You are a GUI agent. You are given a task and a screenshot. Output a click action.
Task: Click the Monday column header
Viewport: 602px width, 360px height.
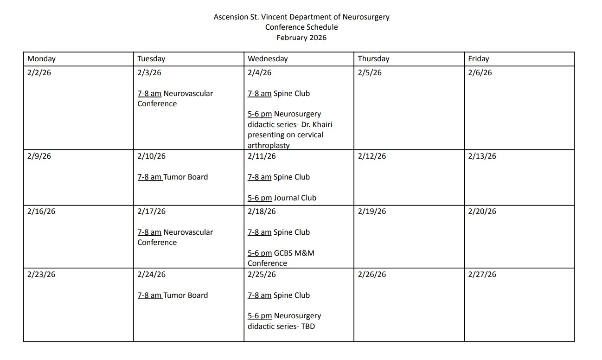click(x=41, y=59)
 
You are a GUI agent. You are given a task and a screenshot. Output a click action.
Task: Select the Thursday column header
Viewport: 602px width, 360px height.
click(x=373, y=59)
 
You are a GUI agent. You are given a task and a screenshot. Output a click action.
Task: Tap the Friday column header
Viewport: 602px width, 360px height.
click(x=478, y=59)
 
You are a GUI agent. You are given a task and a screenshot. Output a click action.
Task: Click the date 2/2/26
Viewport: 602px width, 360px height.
click(x=39, y=73)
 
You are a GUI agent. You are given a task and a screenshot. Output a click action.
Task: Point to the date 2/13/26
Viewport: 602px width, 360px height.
click(x=482, y=156)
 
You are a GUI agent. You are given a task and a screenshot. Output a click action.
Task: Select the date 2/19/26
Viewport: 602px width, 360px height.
click(x=371, y=212)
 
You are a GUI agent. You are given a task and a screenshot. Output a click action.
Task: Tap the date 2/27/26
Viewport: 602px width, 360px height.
click(x=482, y=275)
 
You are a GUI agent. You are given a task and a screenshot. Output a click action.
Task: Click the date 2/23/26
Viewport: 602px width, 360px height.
click(x=41, y=275)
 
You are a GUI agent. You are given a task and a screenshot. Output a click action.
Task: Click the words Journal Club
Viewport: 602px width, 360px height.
click(x=295, y=198)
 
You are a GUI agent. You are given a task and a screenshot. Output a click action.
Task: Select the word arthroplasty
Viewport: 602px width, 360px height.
click(x=269, y=145)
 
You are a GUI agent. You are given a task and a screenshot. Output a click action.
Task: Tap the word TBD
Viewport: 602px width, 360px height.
click(x=308, y=326)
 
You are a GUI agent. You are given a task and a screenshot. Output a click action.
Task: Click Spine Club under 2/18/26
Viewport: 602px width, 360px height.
click(x=291, y=232)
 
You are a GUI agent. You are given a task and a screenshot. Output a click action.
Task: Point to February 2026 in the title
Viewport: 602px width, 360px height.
click(x=301, y=38)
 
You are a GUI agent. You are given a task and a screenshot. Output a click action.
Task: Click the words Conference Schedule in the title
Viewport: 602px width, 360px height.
click(x=301, y=27)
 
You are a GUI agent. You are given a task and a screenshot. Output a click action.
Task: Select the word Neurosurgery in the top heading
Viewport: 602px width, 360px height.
click(x=366, y=17)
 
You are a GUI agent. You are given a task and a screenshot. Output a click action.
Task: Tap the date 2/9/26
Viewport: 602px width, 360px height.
click(x=39, y=156)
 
